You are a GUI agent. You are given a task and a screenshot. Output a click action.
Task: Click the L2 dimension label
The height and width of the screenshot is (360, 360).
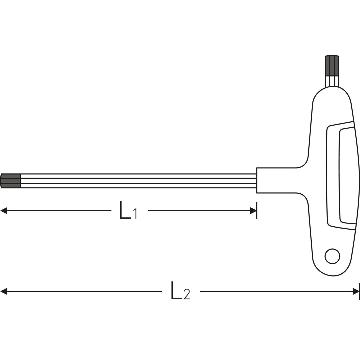tap(180, 291)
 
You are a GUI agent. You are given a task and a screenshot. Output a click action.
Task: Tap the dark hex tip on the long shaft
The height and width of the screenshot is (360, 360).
tap(11, 181)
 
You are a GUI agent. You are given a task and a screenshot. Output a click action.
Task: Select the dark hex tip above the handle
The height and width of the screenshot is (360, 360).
tap(332, 65)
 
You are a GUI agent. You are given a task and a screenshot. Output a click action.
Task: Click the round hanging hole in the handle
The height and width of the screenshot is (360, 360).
tap(332, 256)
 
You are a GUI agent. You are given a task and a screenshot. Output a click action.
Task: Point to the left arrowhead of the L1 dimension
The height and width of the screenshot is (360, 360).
tap(4, 211)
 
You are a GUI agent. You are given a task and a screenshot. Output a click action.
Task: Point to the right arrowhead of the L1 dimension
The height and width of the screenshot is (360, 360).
tap(253, 211)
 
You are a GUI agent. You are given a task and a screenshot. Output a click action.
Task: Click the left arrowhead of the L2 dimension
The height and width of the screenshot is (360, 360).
tap(4, 291)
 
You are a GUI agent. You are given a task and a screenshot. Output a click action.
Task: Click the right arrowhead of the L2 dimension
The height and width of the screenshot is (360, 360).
tap(356, 291)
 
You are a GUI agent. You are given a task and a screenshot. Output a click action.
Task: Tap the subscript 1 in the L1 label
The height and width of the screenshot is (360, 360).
tap(135, 214)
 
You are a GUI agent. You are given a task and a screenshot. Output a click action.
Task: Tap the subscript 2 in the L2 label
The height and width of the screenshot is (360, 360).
tap(187, 294)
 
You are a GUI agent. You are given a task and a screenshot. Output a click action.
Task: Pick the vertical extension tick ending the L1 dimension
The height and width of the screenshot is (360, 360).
tap(257, 211)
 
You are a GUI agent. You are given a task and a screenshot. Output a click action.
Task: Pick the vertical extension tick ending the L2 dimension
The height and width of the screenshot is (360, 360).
tap(359, 291)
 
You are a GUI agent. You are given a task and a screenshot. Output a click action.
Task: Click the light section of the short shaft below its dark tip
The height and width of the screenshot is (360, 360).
tap(332, 81)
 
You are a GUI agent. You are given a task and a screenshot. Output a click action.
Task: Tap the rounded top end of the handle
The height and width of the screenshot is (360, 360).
tap(332, 97)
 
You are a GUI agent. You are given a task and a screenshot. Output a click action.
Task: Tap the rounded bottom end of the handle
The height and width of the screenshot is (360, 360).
tap(332, 268)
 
